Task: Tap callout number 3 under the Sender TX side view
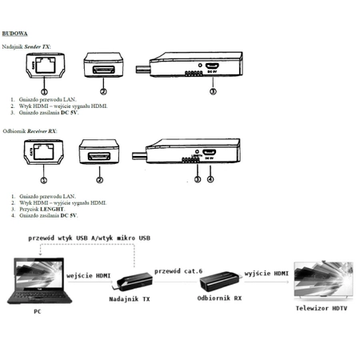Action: point(212,92)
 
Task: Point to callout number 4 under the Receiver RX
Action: point(210,178)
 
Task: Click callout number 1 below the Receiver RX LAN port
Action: point(44,180)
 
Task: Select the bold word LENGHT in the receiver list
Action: point(54,209)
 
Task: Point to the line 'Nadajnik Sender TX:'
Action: point(27,46)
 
